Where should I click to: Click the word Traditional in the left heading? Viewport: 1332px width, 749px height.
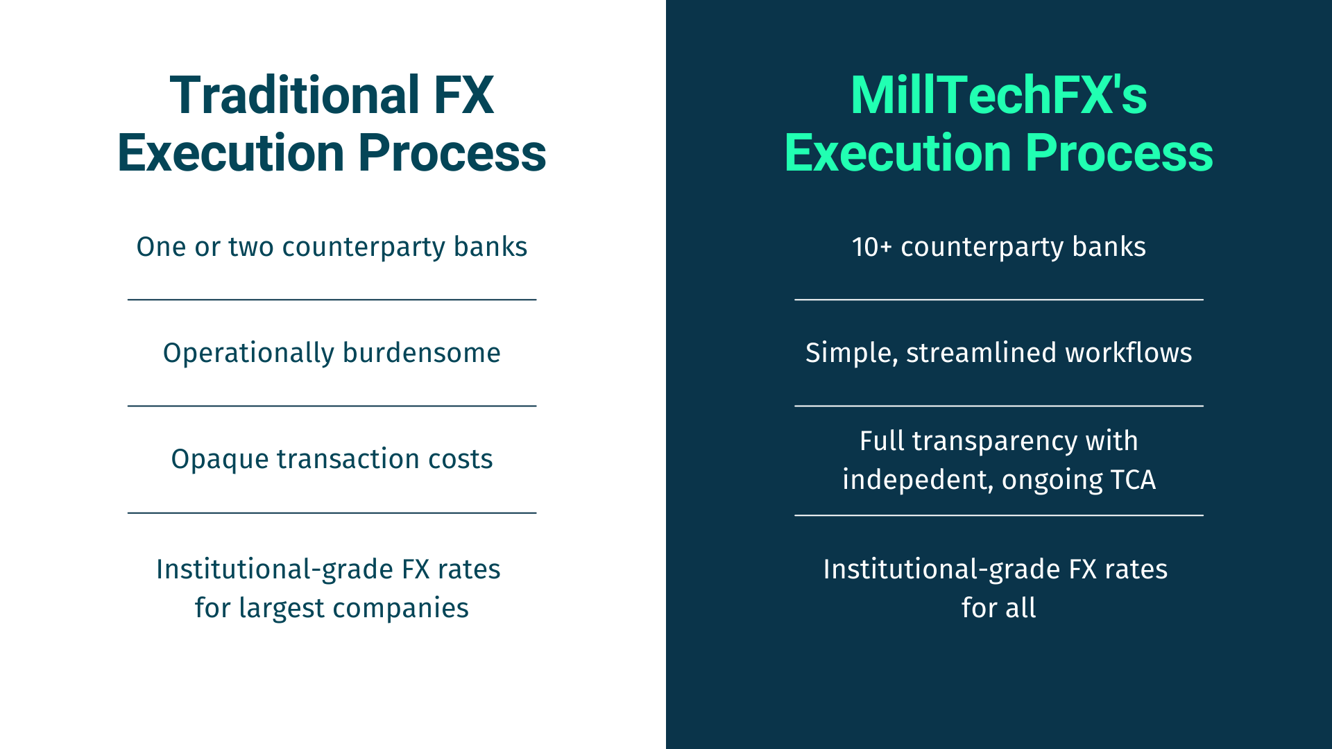pyautogui.click(x=295, y=95)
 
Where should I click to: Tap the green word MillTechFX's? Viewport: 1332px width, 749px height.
pyautogui.click(x=998, y=95)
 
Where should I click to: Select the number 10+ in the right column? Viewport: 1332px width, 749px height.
pyautogui.click(x=871, y=247)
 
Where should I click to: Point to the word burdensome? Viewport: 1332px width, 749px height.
pyautogui.click(x=422, y=353)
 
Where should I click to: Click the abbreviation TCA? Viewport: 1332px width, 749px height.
pyautogui.click(x=1133, y=480)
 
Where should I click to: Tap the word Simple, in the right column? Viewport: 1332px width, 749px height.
pyautogui.click(x=851, y=353)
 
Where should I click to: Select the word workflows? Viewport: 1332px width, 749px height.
pyautogui.click(x=1129, y=353)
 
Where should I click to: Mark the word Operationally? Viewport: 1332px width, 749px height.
pyautogui.click(x=249, y=354)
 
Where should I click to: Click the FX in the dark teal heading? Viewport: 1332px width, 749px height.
pyautogui.click(x=463, y=95)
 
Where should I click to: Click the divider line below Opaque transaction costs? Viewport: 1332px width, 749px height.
pyautogui.click(x=332, y=513)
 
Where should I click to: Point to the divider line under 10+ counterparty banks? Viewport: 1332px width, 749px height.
pyautogui.click(x=999, y=300)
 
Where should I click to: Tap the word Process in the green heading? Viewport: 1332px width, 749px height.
pyautogui.click(x=1119, y=153)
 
